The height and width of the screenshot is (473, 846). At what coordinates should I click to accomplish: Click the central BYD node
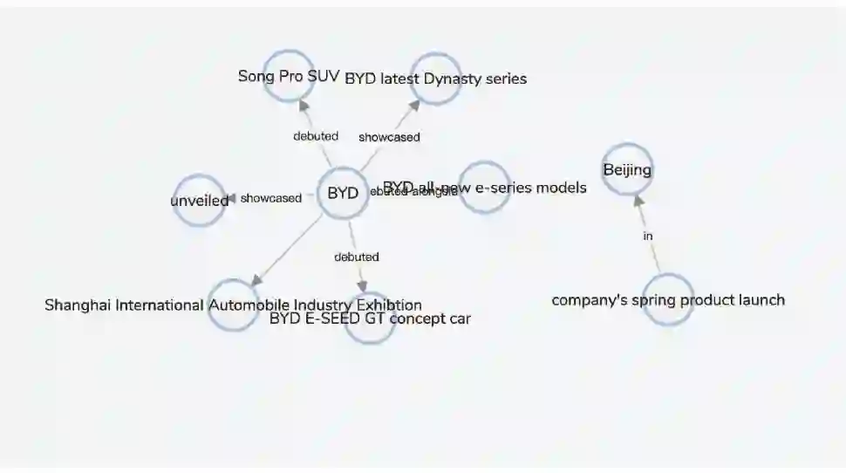pyautogui.click(x=343, y=194)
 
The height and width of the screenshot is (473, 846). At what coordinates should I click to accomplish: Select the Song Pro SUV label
pyautogui.click(x=288, y=76)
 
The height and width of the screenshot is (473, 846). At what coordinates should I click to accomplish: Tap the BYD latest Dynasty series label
pyautogui.click(x=435, y=79)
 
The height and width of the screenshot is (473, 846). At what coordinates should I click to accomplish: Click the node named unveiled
pyautogui.click(x=200, y=201)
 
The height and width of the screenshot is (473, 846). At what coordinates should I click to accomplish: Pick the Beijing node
pyautogui.click(x=627, y=169)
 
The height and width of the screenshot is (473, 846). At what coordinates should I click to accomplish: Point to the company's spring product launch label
pyautogui.click(x=668, y=300)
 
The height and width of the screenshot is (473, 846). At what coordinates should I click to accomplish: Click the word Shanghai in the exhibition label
pyautogui.click(x=79, y=305)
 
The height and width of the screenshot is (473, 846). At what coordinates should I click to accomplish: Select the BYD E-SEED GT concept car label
pyautogui.click(x=370, y=319)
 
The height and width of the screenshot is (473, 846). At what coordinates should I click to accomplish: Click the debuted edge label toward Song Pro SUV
pyautogui.click(x=316, y=136)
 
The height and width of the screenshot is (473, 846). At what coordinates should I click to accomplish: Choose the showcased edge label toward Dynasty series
pyautogui.click(x=389, y=137)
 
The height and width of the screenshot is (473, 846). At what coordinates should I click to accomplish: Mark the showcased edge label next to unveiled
pyautogui.click(x=271, y=198)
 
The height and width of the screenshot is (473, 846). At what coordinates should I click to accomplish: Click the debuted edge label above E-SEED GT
pyautogui.click(x=357, y=257)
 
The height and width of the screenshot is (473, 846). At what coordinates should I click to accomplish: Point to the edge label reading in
pyautogui.click(x=648, y=236)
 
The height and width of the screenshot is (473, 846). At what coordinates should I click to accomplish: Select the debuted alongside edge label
pyautogui.click(x=413, y=191)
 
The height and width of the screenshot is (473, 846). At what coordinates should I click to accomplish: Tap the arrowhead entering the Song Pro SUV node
pyautogui.click(x=303, y=104)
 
